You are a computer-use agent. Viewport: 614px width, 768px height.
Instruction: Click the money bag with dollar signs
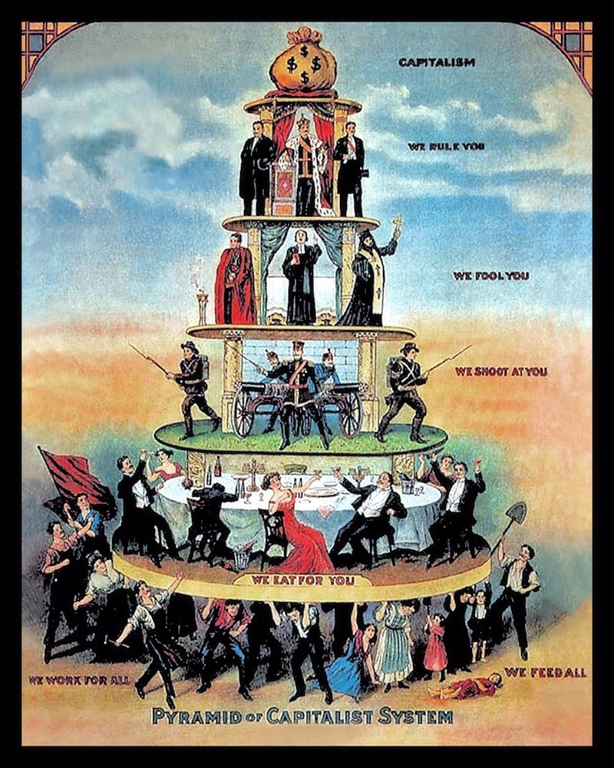coord(302,65)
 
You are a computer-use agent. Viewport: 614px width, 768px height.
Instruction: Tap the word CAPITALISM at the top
coord(437,61)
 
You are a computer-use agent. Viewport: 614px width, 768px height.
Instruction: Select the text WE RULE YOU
coord(437,147)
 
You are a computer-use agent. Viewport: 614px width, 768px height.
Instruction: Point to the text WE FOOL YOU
coord(490,275)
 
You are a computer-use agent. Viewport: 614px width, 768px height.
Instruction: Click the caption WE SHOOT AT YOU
coord(500,372)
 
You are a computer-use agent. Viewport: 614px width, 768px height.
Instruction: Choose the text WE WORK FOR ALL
coord(77,680)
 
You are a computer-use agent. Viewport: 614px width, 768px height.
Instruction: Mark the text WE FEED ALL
coord(545,673)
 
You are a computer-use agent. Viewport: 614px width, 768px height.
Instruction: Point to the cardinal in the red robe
coord(234,281)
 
